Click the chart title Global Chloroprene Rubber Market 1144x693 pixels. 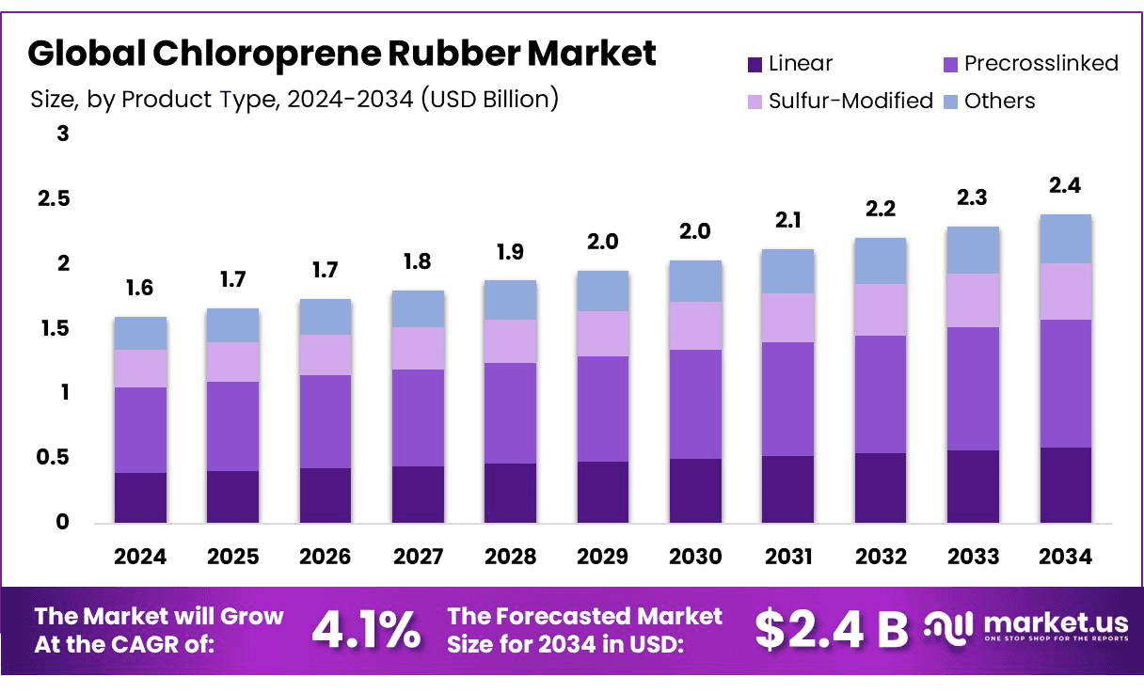pos(342,54)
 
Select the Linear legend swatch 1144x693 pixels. pos(755,64)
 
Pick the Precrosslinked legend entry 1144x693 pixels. pos(1029,63)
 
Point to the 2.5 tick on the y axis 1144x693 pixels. pos(55,199)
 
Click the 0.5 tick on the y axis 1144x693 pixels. pos(55,458)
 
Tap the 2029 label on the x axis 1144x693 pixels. pos(603,557)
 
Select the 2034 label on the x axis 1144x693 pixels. pos(1066,557)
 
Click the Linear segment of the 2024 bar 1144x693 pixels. pos(140,497)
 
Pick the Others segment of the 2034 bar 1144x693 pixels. pos(1065,239)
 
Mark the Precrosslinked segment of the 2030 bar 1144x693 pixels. pos(695,404)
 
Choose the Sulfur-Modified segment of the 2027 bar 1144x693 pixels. pos(418,348)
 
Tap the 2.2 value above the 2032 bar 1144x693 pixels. pos(881,210)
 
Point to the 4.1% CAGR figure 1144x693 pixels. pos(366,630)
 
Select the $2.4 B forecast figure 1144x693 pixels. pos(832,630)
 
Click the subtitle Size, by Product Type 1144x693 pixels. pos(294,99)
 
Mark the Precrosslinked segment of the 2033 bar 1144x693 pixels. pos(973,388)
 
